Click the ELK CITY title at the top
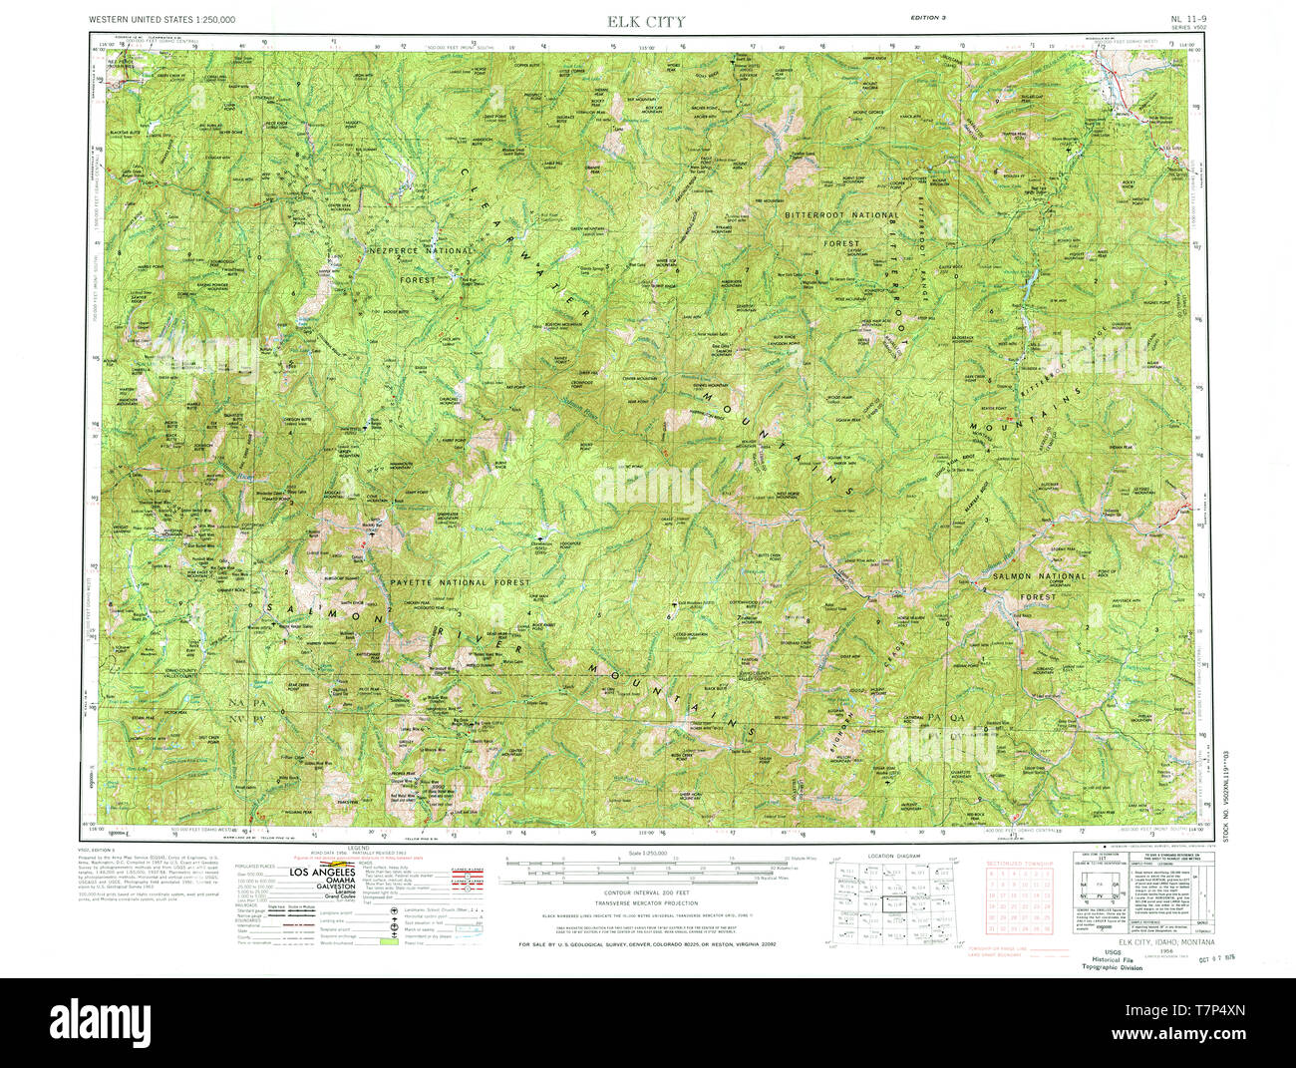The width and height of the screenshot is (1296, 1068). (x=647, y=21)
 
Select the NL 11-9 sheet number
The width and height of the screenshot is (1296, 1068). (x=1189, y=18)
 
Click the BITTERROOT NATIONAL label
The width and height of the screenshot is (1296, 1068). (x=840, y=214)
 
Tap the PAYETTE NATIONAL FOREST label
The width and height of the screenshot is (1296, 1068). (x=460, y=582)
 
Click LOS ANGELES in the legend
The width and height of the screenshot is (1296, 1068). (x=322, y=872)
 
